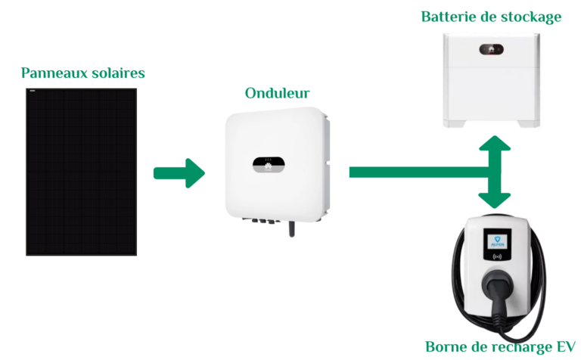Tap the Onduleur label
coord(277,94)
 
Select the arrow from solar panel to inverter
coord(179,173)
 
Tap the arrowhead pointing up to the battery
coord(496,144)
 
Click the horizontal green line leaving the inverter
coord(416,172)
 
